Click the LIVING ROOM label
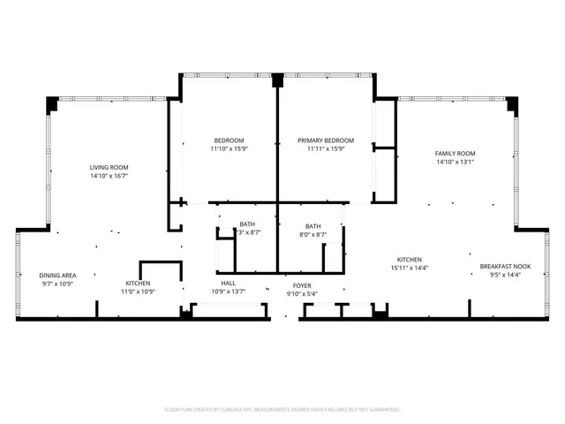click(109, 167)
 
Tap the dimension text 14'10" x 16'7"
click(109, 176)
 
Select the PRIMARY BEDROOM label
click(326, 140)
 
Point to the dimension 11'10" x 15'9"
click(229, 149)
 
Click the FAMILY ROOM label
click(455, 153)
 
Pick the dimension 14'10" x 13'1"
click(455, 162)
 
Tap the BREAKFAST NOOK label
click(505, 266)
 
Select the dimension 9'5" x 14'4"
click(505, 275)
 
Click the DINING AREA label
click(57, 275)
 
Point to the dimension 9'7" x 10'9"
click(57, 284)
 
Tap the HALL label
click(228, 284)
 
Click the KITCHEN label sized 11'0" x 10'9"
click(137, 284)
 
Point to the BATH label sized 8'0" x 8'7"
click(313, 225)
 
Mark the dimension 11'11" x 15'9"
click(326, 149)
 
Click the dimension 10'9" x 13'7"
click(228, 292)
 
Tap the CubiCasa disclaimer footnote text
click(282, 409)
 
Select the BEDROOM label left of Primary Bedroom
click(229, 140)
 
